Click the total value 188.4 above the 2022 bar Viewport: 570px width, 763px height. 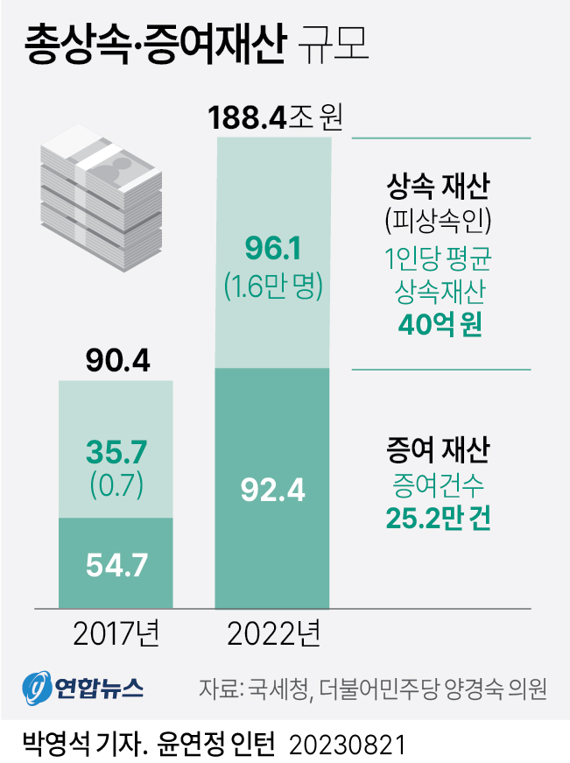click(248, 117)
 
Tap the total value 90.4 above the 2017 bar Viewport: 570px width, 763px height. click(116, 360)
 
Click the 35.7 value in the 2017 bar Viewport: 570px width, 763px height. click(116, 451)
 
